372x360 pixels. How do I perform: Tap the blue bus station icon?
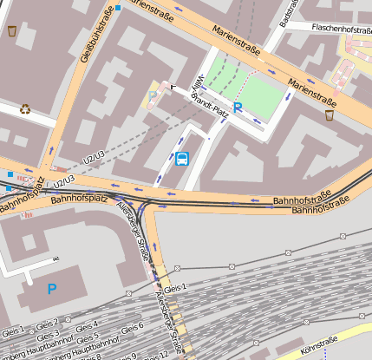(182, 158)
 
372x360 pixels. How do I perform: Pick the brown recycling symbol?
(26, 109)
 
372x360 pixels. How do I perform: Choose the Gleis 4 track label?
(87, 327)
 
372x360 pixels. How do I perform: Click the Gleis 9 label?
(127, 356)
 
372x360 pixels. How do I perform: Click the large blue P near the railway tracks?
(52, 288)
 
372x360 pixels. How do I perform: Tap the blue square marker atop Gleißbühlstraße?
(118, 7)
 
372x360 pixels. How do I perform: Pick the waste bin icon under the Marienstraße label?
(330, 115)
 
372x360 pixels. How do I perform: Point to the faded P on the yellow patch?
(153, 95)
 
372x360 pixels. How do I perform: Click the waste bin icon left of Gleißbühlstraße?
(12, 31)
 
